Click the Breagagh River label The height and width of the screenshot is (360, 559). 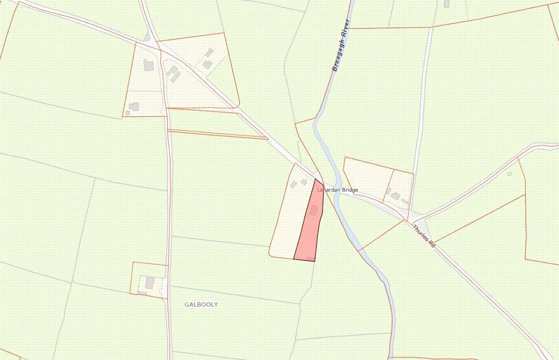[341, 45]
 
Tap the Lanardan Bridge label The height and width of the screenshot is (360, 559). [338, 190]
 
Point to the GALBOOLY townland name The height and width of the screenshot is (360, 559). [201, 305]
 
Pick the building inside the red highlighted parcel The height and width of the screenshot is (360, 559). [313, 211]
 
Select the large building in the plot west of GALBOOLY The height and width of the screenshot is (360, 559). [149, 283]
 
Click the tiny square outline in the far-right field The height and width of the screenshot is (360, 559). [510, 174]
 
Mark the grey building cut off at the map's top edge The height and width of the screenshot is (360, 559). [446, 3]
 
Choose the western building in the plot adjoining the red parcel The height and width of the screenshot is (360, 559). [294, 185]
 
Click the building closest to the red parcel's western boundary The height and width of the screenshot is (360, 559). [304, 182]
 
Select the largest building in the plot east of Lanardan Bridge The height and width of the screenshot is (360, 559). [395, 196]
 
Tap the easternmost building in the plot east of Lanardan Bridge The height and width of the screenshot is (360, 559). [405, 201]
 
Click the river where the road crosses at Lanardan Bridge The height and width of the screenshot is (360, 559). [337, 192]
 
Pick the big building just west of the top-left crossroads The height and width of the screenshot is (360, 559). [149, 66]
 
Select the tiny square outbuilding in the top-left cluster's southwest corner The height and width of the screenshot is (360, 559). [128, 113]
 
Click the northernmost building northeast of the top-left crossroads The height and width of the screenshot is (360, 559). [210, 52]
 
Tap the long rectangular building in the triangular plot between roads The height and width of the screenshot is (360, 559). [176, 77]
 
